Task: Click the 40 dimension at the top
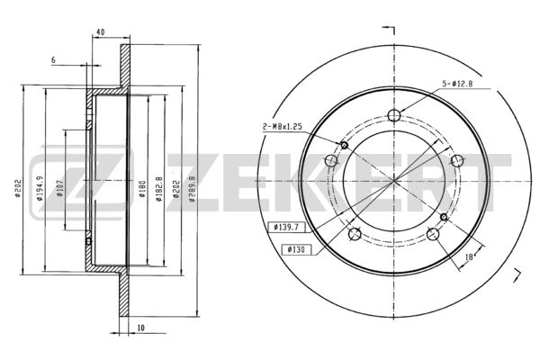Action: (100, 32)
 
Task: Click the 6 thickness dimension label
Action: (53, 60)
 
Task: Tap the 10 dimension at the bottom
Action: (141, 328)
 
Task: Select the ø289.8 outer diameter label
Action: (193, 189)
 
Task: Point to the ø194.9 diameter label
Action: (40, 188)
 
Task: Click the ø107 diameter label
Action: (59, 188)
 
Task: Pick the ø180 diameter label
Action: (142, 189)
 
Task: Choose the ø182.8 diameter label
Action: (158, 189)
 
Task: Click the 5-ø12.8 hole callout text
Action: (457, 83)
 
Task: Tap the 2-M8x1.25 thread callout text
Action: (282, 127)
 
